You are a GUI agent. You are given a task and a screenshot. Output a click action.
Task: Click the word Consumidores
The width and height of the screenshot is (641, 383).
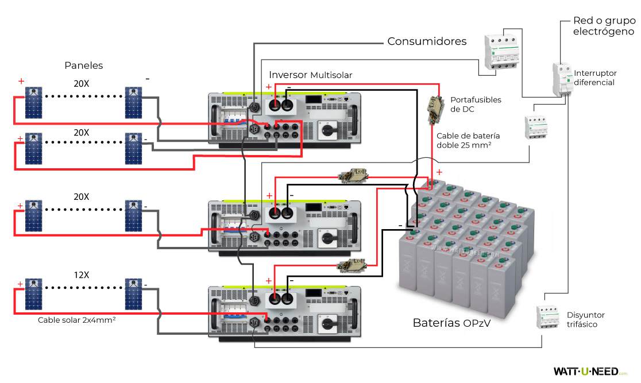tap(427, 41)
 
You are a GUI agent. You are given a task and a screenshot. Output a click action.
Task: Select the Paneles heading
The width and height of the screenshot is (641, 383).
tap(84, 65)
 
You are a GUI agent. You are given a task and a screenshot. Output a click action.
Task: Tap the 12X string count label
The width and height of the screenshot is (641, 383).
tap(82, 274)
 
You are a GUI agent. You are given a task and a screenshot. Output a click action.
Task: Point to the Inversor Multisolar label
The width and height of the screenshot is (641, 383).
tap(310, 75)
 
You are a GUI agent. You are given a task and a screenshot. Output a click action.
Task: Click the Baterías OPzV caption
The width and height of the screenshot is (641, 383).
tap(452, 323)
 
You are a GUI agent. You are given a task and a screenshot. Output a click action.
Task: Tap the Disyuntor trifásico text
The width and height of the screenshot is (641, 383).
tap(585, 320)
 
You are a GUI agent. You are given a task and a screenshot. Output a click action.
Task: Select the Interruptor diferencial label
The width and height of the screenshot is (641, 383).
tap(595, 78)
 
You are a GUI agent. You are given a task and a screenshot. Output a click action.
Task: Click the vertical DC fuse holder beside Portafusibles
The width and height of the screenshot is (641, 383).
tap(435, 109)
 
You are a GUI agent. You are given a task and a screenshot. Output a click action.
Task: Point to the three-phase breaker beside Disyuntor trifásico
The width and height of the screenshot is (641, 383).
tap(547, 317)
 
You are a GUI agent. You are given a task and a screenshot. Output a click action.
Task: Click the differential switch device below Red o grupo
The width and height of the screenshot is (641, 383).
tap(563, 79)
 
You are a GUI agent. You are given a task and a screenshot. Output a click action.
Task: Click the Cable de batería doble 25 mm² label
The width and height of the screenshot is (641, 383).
tap(468, 141)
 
